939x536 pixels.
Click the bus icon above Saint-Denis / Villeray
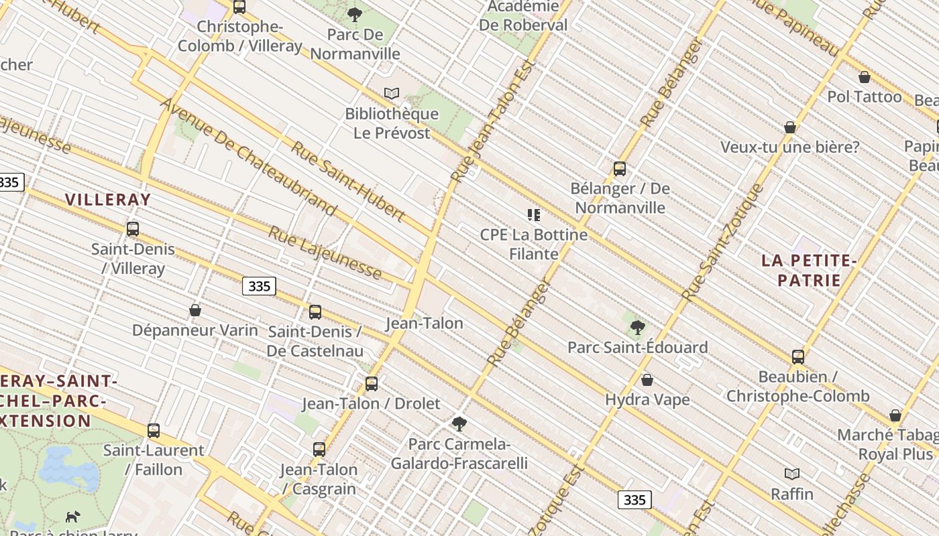(133, 228)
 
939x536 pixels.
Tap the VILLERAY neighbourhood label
(108, 199)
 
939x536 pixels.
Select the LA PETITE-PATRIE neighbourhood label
(810, 270)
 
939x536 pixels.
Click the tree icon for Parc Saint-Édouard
(637, 328)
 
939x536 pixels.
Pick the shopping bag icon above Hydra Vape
(647, 380)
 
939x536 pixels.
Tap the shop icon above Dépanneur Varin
(195, 310)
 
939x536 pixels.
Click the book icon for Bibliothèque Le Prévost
(391, 94)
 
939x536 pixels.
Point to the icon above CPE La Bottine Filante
(534, 215)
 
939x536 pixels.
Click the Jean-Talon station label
(425, 323)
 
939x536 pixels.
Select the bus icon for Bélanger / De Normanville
(620, 168)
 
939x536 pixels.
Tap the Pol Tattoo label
(864, 96)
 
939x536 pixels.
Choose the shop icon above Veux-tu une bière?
(790, 127)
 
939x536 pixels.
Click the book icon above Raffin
(792, 474)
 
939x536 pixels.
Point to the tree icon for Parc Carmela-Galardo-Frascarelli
(459, 423)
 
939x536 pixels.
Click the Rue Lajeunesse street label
(325, 253)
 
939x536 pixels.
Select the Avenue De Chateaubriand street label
(248, 157)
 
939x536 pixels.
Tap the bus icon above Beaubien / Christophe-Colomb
(798, 356)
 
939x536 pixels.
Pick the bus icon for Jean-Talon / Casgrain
(319, 449)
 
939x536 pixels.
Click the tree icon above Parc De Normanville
(355, 15)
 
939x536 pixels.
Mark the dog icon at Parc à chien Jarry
(72, 517)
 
